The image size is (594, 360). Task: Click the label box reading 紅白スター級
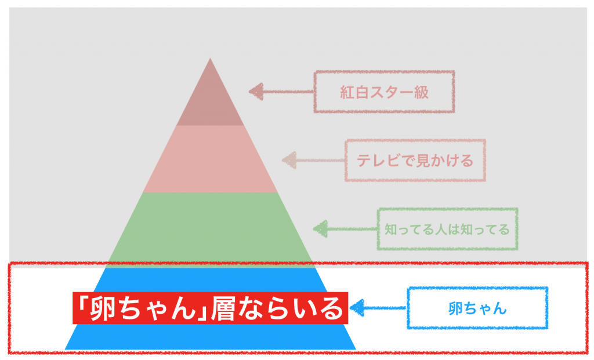coord(384,92)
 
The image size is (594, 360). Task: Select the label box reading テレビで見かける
coord(415,160)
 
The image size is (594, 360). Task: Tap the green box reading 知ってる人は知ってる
coord(447,229)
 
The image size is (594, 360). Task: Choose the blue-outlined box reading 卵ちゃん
coord(477,308)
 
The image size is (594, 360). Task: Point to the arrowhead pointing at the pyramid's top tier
coord(256,91)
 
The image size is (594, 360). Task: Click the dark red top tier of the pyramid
coord(210,101)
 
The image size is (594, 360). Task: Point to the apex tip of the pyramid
coord(210,59)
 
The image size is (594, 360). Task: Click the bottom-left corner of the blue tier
coord(66,348)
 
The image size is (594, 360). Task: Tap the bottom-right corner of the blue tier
coord(354,348)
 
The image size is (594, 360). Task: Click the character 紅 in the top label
coord(347,92)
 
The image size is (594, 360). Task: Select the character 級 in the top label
coord(422,92)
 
